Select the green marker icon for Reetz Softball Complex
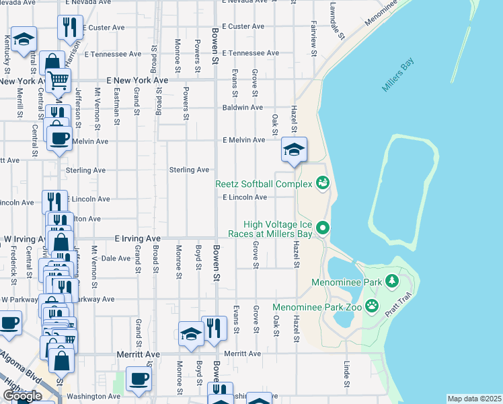[x=322, y=183]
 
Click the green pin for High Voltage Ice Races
[x=323, y=229]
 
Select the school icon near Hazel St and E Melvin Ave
[x=294, y=149]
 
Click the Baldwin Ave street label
[x=243, y=107]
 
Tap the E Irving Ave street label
[x=138, y=238]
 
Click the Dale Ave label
[x=115, y=258]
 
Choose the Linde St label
[x=347, y=376]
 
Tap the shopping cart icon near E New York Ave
[x=59, y=80]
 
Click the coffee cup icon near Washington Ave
[x=139, y=379]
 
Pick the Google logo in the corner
[x=22, y=396]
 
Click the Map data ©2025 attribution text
[x=474, y=399]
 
